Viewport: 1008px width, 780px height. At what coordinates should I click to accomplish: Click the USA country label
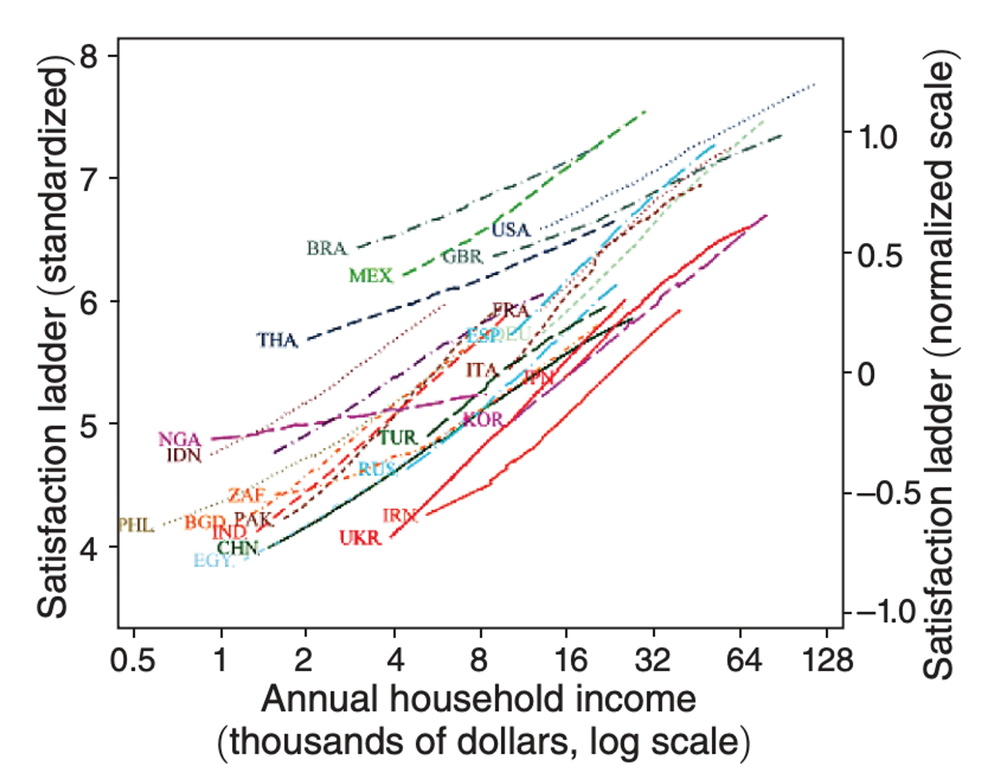coord(511,230)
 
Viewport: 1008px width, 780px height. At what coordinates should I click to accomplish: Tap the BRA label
coord(326,249)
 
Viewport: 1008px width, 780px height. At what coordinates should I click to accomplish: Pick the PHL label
coord(136,525)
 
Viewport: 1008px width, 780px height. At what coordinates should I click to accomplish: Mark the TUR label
coord(398,437)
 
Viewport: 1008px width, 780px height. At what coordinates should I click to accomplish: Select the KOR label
coord(482,419)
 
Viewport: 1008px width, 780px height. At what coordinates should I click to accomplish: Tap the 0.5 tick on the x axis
coord(133,660)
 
